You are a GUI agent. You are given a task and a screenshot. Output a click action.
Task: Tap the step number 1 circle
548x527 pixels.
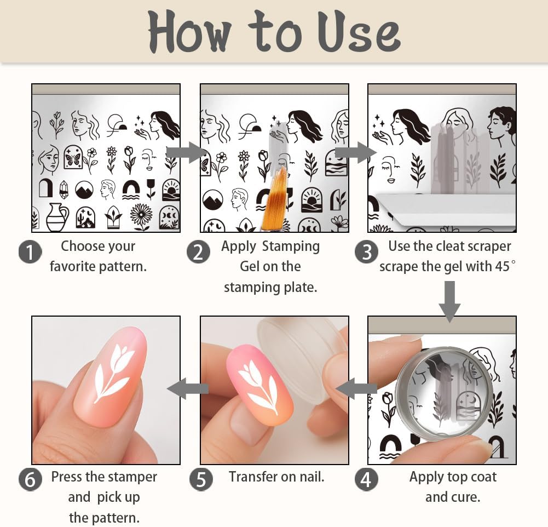30,253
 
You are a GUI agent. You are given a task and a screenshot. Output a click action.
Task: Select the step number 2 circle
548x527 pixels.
198,253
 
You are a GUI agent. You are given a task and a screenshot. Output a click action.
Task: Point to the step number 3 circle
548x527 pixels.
366,253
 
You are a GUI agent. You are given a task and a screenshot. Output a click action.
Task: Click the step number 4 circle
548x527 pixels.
366,479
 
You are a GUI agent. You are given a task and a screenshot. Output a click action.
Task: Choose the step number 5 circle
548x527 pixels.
201,479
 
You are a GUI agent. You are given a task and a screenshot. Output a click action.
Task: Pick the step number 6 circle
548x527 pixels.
30,479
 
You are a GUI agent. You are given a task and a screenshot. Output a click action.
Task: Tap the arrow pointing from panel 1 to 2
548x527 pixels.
186,152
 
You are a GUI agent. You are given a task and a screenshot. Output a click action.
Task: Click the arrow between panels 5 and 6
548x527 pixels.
187,389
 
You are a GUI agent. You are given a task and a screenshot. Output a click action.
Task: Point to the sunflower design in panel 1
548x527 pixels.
141,216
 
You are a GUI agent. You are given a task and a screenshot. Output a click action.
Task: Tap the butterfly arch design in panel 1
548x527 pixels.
73,157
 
